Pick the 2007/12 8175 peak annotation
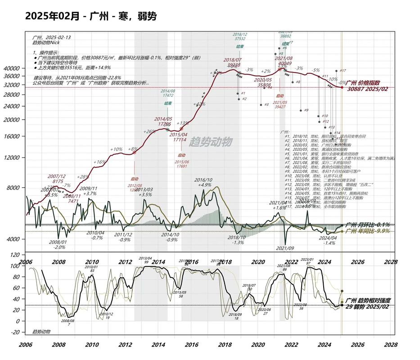click(56, 179)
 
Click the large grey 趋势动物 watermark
click(210, 142)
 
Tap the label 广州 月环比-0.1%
click(367, 225)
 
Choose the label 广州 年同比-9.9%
click(367, 231)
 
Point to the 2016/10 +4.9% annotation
click(203, 182)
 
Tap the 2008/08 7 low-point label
click(69, 322)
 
